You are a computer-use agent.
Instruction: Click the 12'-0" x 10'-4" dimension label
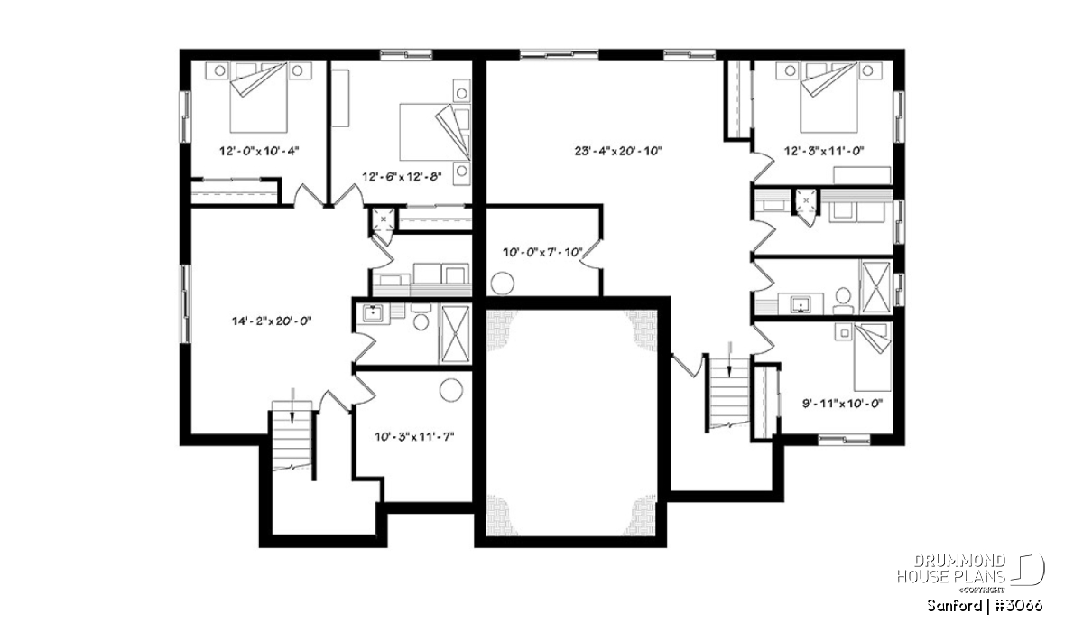(259, 151)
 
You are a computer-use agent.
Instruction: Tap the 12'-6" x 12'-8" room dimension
(403, 177)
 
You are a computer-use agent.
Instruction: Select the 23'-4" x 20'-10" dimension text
(618, 151)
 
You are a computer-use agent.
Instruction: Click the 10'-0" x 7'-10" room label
(542, 252)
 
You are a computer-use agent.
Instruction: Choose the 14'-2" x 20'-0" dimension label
(272, 321)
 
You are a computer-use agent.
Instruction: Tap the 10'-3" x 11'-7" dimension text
(414, 437)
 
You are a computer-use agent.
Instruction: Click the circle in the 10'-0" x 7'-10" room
(503, 284)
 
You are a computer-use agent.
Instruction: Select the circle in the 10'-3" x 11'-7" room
(451, 389)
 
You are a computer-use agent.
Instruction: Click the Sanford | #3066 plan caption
(985, 606)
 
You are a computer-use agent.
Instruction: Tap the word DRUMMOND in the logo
(959, 562)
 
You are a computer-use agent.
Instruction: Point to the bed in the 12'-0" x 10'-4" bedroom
(259, 97)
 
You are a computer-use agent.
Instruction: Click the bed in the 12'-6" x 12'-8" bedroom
(435, 132)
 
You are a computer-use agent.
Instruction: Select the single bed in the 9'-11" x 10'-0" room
(873, 358)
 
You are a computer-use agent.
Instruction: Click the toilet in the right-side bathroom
(843, 300)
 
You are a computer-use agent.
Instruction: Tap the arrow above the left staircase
(292, 405)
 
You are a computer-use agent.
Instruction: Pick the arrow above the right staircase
(730, 359)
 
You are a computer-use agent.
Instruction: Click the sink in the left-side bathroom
(373, 313)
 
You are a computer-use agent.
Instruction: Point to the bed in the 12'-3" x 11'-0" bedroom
(828, 97)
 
